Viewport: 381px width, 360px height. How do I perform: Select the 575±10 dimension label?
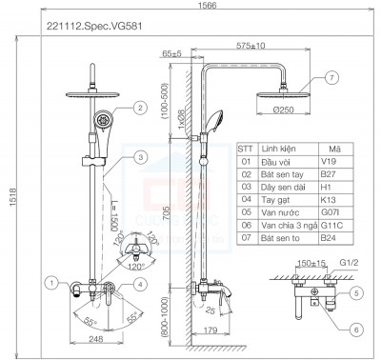(x=251, y=44)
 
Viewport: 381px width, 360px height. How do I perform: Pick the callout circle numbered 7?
(x=331, y=77)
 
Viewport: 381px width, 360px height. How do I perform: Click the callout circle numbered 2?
(x=139, y=109)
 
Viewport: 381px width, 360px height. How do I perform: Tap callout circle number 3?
(x=139, y=157)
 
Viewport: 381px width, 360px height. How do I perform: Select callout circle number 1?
(x=51, y=283)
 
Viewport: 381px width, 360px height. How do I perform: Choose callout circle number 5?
(x=354, y=292)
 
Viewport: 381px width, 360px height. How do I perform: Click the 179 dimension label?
(x=212, y=330)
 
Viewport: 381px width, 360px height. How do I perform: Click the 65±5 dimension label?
(x=173, y=55)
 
